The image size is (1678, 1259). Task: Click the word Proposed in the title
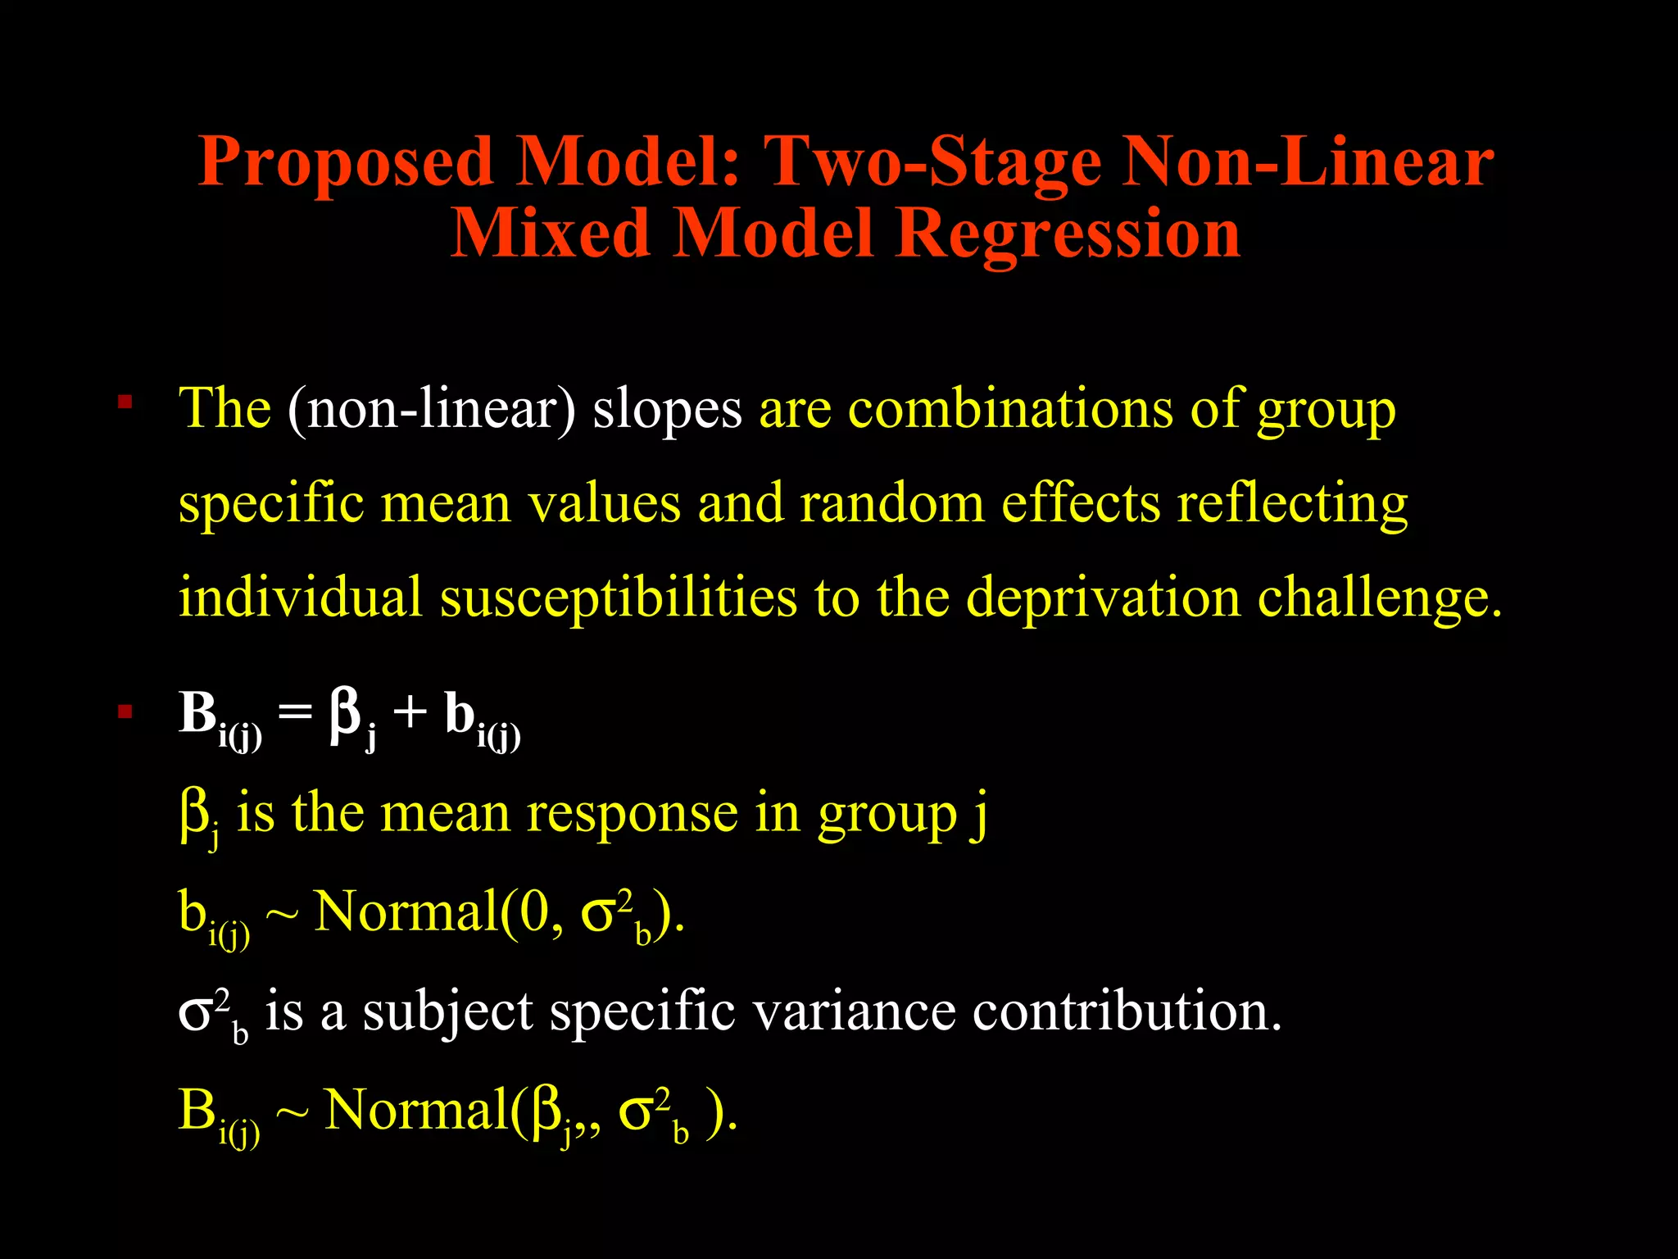click(x=345, y=161)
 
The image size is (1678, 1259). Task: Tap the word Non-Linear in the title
click(x=1308, y=161)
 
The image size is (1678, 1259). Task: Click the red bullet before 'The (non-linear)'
click(x=125, y=402)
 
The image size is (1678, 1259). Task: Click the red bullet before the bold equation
click(x=125, y=711)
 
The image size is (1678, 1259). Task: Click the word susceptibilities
click(x=618, y=597)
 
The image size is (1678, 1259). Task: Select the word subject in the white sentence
click(x=447, y=1013)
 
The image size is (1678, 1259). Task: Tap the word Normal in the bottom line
click(x=416, y=1111)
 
